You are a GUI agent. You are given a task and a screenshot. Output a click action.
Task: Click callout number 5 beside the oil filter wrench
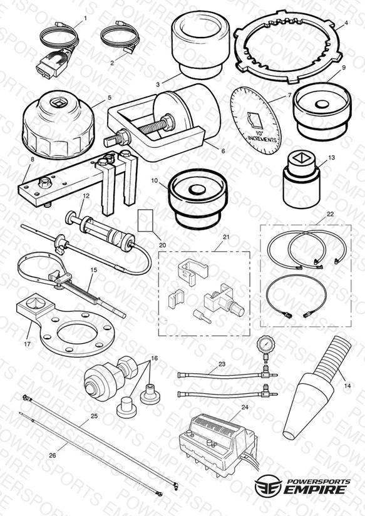point(110,98)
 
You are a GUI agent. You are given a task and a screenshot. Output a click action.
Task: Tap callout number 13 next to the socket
point(331,158)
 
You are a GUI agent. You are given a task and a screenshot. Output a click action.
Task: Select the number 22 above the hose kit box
point(330,214)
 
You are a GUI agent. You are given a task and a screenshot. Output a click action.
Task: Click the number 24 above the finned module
point(245,407)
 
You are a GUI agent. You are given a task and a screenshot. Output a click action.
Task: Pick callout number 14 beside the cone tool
point(347,386)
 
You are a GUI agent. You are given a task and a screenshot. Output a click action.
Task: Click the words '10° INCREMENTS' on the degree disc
point(262,137)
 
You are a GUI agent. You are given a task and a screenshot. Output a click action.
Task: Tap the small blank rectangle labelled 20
point(145,220)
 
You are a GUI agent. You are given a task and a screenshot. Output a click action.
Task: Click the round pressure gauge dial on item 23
point(266,345)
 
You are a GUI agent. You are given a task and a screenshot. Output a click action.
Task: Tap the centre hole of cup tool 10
point(197,190)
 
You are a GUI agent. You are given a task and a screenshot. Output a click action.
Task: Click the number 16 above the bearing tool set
point(154,358)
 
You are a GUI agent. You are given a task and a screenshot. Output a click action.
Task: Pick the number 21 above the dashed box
point(226,237)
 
